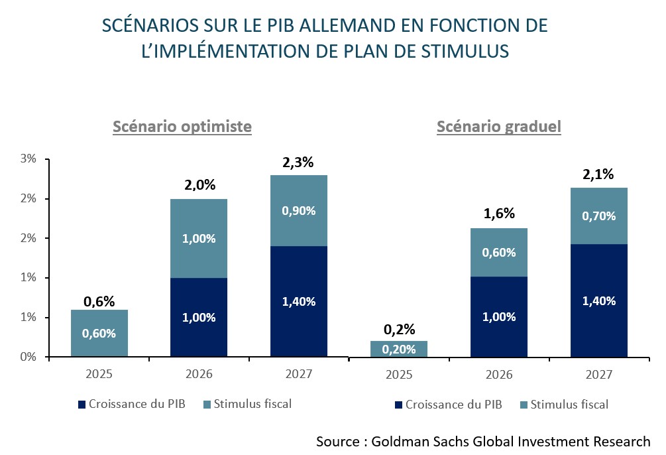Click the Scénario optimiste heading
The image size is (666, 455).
[x=182, y=126]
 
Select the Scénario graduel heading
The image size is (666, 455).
[x=499, y=126]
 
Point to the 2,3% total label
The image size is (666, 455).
[x=299, y=162]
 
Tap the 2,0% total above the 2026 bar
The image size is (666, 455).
[x=199, y=186]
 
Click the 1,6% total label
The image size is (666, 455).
[x=499, y=214]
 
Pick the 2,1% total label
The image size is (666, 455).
[x=599, y=174]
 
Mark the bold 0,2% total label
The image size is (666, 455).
[x=399, y=328]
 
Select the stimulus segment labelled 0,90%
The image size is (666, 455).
[x=299, y=210]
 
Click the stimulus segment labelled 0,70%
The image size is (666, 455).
[x=599, y=216]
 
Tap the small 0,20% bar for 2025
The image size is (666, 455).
[x=399, y=349]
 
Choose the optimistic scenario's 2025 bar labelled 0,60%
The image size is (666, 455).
[x=99, y=334]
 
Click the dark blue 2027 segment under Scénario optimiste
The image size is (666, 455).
[x=299, y=301]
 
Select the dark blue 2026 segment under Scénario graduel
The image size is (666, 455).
[x=499, y=316]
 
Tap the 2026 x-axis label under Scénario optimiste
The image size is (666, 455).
[x=199, y=375]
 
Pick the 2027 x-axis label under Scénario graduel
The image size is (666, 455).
[x=599, y=375]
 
